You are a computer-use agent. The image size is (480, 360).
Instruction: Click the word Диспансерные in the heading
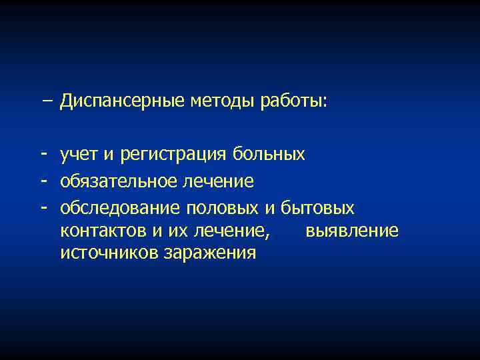point(123,101)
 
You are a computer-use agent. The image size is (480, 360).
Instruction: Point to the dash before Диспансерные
point(46,101)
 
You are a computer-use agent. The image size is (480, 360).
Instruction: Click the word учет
point(79,155)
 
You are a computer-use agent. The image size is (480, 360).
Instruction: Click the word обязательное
point(116,181)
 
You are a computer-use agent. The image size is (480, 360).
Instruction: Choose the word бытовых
point(318,208)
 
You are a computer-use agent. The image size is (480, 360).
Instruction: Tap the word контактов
point(97,231)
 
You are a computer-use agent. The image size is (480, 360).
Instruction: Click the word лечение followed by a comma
point(233,231)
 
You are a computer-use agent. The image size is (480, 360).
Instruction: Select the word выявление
point(352,231)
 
